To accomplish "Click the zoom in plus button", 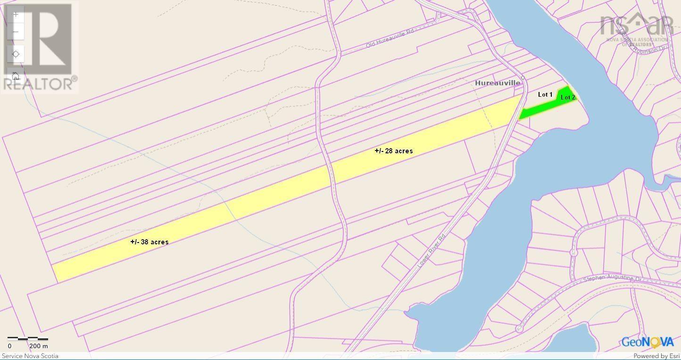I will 16,15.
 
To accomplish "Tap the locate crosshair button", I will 16,54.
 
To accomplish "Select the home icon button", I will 16,76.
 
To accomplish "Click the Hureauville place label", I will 498,83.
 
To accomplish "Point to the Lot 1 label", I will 545,95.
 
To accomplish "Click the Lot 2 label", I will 568,97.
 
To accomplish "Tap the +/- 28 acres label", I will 394,151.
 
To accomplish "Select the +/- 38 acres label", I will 149,242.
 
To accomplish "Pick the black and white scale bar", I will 27,339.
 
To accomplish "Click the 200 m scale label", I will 39,346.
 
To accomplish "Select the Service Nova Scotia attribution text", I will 30,356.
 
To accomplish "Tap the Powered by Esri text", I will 656,356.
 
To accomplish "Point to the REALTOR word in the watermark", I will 38,84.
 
